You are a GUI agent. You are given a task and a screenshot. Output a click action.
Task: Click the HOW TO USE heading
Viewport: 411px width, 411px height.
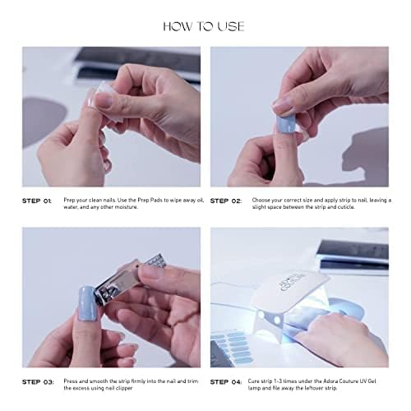(x=203, y=25)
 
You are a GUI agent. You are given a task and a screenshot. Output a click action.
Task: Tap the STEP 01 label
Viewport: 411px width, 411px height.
(x=37, y=201)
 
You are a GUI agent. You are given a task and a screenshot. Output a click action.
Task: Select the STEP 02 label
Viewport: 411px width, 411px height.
(x=228, y=201)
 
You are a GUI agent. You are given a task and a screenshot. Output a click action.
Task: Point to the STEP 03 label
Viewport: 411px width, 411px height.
(x=37, y=381)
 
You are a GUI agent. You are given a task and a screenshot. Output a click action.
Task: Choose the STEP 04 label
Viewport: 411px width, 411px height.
(x=228, y=381)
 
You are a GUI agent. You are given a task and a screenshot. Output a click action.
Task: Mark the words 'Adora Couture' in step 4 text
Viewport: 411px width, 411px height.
(x=330, y=381)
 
